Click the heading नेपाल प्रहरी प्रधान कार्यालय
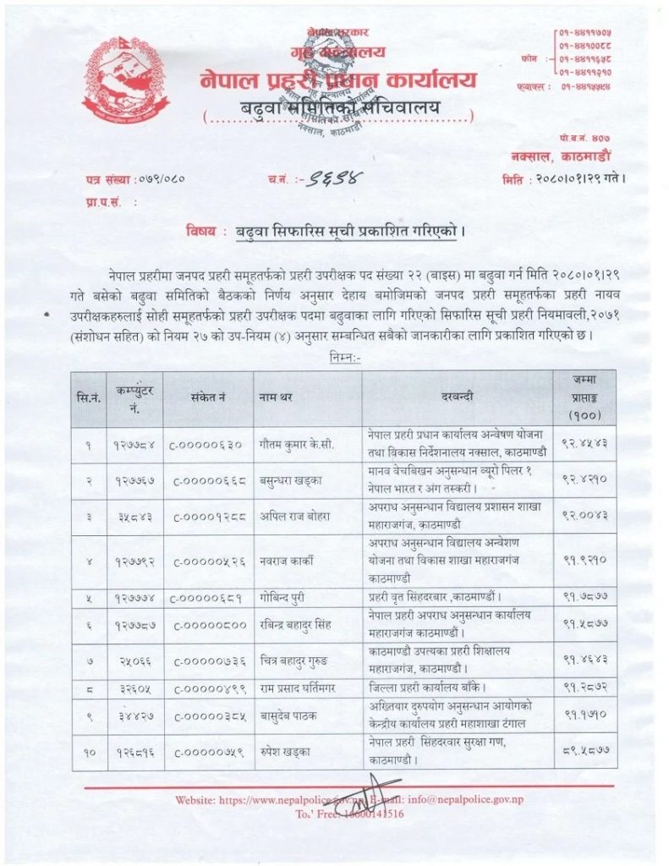[338, 81]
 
